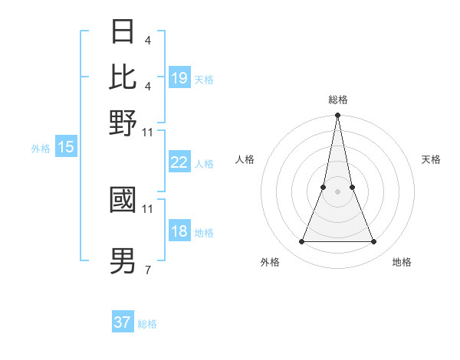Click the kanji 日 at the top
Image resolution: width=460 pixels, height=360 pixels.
123,33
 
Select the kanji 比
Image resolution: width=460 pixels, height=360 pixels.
123,76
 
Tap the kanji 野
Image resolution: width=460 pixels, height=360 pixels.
123,123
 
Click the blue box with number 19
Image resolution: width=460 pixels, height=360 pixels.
179,77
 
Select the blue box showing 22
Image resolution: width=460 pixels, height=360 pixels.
179,162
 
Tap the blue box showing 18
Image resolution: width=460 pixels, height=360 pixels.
179,232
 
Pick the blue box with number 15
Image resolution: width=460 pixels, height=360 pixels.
66,147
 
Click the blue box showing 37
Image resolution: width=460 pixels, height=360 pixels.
123,322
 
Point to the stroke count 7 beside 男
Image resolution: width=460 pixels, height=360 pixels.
147,270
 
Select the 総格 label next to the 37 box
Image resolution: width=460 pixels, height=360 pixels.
147,324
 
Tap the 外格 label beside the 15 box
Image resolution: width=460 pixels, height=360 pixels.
41,149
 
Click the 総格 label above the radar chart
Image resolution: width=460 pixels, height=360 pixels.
337,100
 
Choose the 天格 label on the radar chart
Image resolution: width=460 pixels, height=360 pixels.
431,159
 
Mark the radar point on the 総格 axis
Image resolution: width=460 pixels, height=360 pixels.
337,116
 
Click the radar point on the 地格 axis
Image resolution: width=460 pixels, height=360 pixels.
374,242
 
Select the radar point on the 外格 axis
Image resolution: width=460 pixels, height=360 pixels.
301,242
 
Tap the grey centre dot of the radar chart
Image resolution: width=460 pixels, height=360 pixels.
337,191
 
